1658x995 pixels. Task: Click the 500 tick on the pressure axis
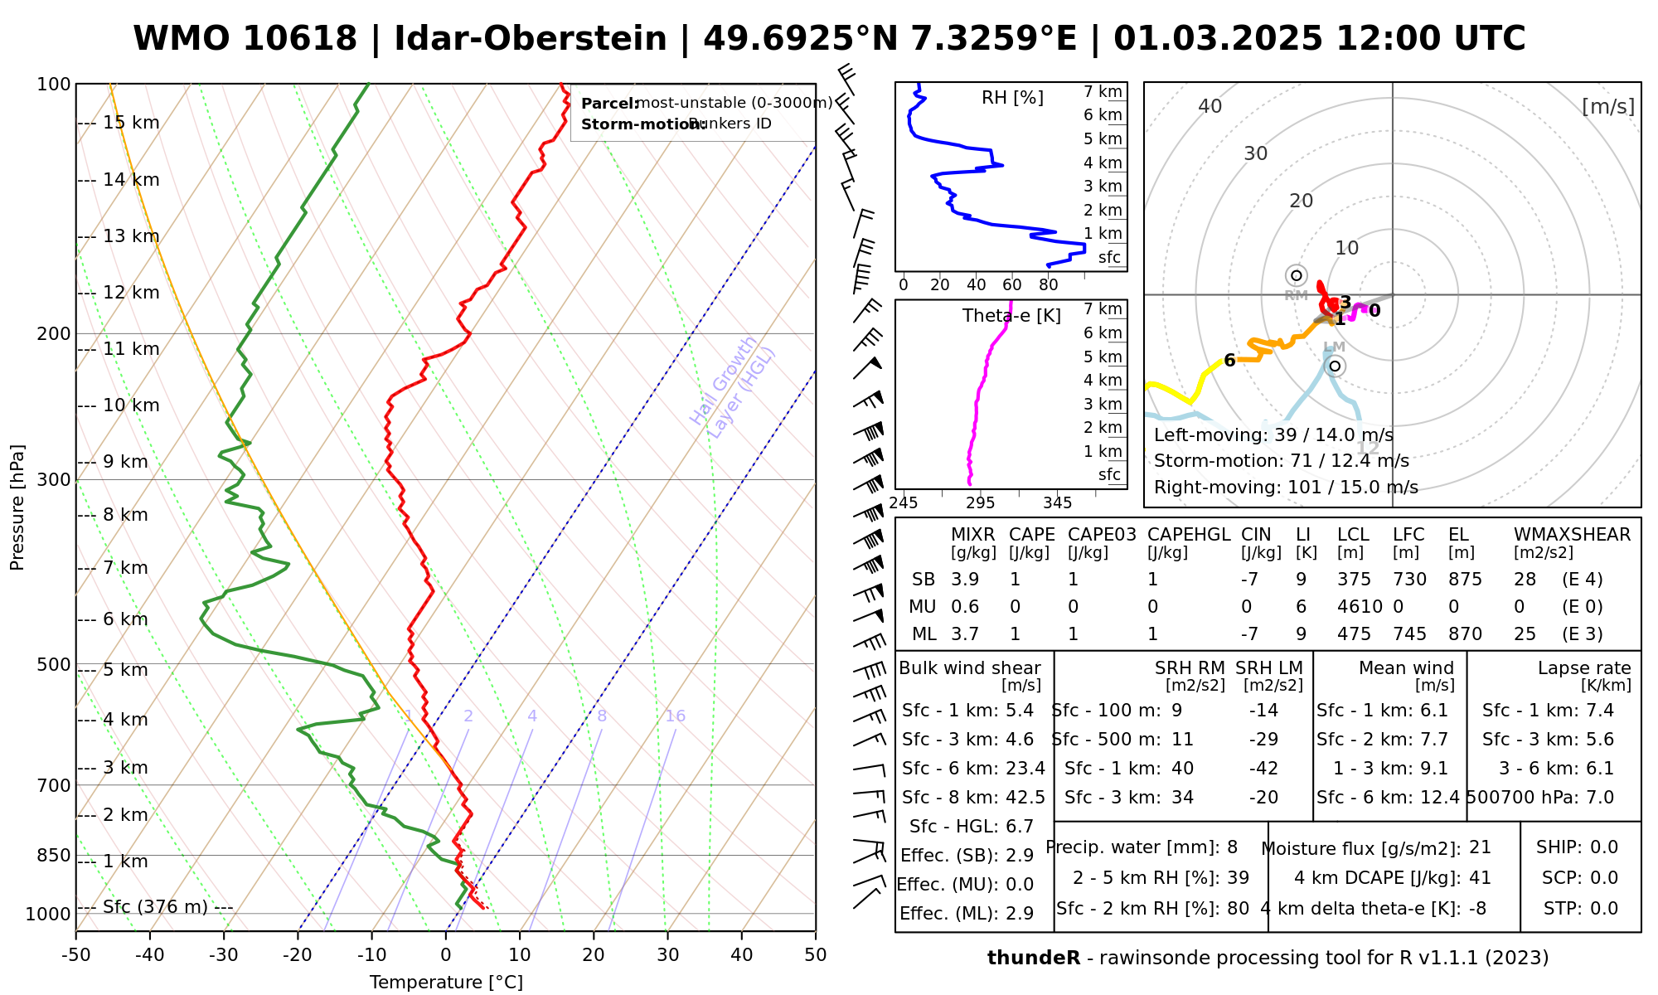coord(55,664)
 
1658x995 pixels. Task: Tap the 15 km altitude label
coord(131,123)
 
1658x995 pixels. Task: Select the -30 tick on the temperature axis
coord(224,954)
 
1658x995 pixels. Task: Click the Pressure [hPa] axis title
coord(17,507)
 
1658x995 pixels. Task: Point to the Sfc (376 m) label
coord(155,906)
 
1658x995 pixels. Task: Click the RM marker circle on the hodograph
coord(1297,275)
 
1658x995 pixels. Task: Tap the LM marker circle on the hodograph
coord(1335,366)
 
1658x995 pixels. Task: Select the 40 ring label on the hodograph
coord(1210,106)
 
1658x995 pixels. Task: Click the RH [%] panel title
coord(1012,98)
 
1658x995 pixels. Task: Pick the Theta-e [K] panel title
coord(1011,315)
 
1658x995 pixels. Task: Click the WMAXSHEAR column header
coord(1572,535)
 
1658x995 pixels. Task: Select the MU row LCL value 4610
coord(1360,607)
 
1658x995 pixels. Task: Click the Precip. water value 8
coord(1232,847)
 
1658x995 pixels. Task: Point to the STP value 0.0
coord(1604,909)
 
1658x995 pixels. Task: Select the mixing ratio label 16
coord(675,716)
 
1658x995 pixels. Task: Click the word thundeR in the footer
coord(1034,959)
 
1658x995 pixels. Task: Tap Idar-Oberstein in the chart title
coord(531,39)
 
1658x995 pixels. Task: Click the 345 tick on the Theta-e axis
coord(1057,503)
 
